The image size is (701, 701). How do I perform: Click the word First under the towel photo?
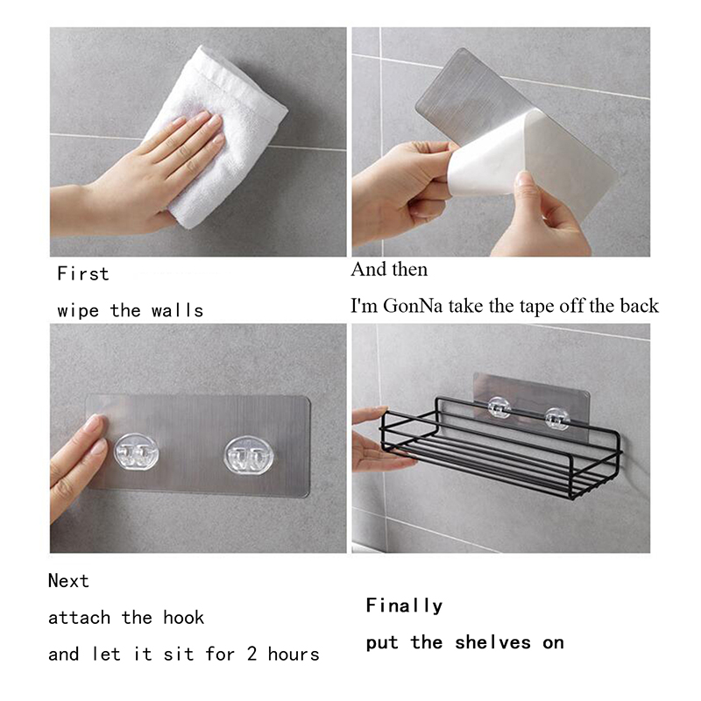point(83,273)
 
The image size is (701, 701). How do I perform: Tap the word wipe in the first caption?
point(78,311)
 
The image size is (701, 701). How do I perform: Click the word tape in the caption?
point(535,306)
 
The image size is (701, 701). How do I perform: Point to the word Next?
point(68,581)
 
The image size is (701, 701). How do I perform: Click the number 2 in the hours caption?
point(251,654)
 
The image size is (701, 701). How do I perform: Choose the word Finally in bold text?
point(404,605)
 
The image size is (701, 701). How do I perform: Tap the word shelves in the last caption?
point(492,643)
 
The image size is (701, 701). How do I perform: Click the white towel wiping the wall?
point(216,134)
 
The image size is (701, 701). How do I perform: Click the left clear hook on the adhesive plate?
point(136,452)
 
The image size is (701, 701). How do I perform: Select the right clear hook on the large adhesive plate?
point(248,456)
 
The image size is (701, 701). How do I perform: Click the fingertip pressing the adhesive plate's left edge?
point(95,425)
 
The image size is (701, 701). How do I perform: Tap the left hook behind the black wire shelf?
point(499,407)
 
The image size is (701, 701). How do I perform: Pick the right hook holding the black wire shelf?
point(557,419)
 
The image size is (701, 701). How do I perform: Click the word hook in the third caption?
point(183,618)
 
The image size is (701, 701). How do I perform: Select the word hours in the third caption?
point(294,654)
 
